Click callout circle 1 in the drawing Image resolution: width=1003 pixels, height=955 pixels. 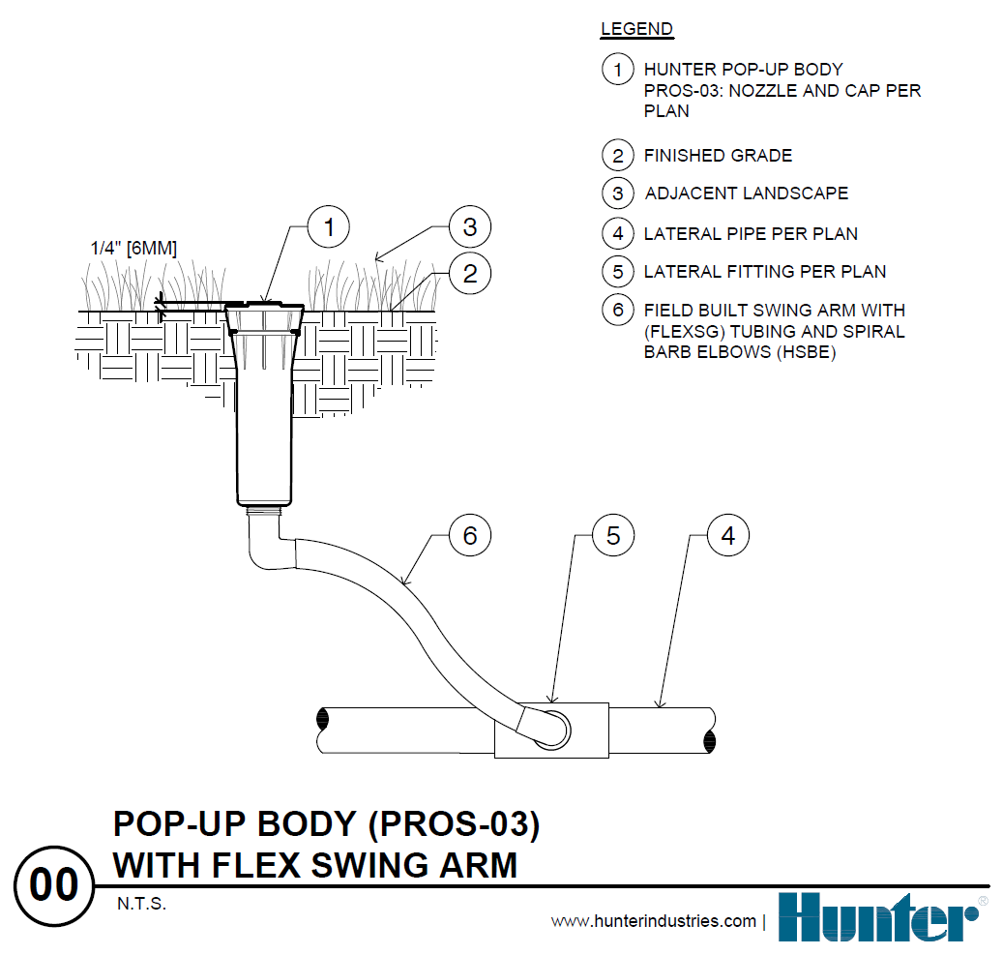click(x=329, y=228)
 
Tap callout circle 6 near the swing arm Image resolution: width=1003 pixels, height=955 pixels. click(x=470, y=535)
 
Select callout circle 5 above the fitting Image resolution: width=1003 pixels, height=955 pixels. click(x=613, y=535)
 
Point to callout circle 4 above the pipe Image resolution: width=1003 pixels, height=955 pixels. click(x=728, y=535)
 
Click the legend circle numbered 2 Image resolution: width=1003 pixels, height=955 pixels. click(x=617, y=155)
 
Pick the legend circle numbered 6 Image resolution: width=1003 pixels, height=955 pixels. click(x=617, y=311)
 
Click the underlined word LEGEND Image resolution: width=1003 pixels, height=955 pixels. click(x=636, y=28)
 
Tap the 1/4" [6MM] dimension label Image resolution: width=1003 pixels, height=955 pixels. click(x=133, y=248)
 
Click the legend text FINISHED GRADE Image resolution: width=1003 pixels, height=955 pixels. click(x=718, y=155)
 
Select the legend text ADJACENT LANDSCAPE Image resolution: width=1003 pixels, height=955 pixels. click(x=746, y=194)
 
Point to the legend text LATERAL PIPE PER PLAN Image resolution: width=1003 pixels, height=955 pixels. click(x=751, y=233)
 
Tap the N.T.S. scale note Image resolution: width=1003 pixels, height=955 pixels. click(x=141, y=905)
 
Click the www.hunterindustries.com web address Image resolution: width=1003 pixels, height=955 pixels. click(x=653, y=921)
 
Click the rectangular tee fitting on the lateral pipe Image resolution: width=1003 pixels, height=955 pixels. click(x=551, y=731)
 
